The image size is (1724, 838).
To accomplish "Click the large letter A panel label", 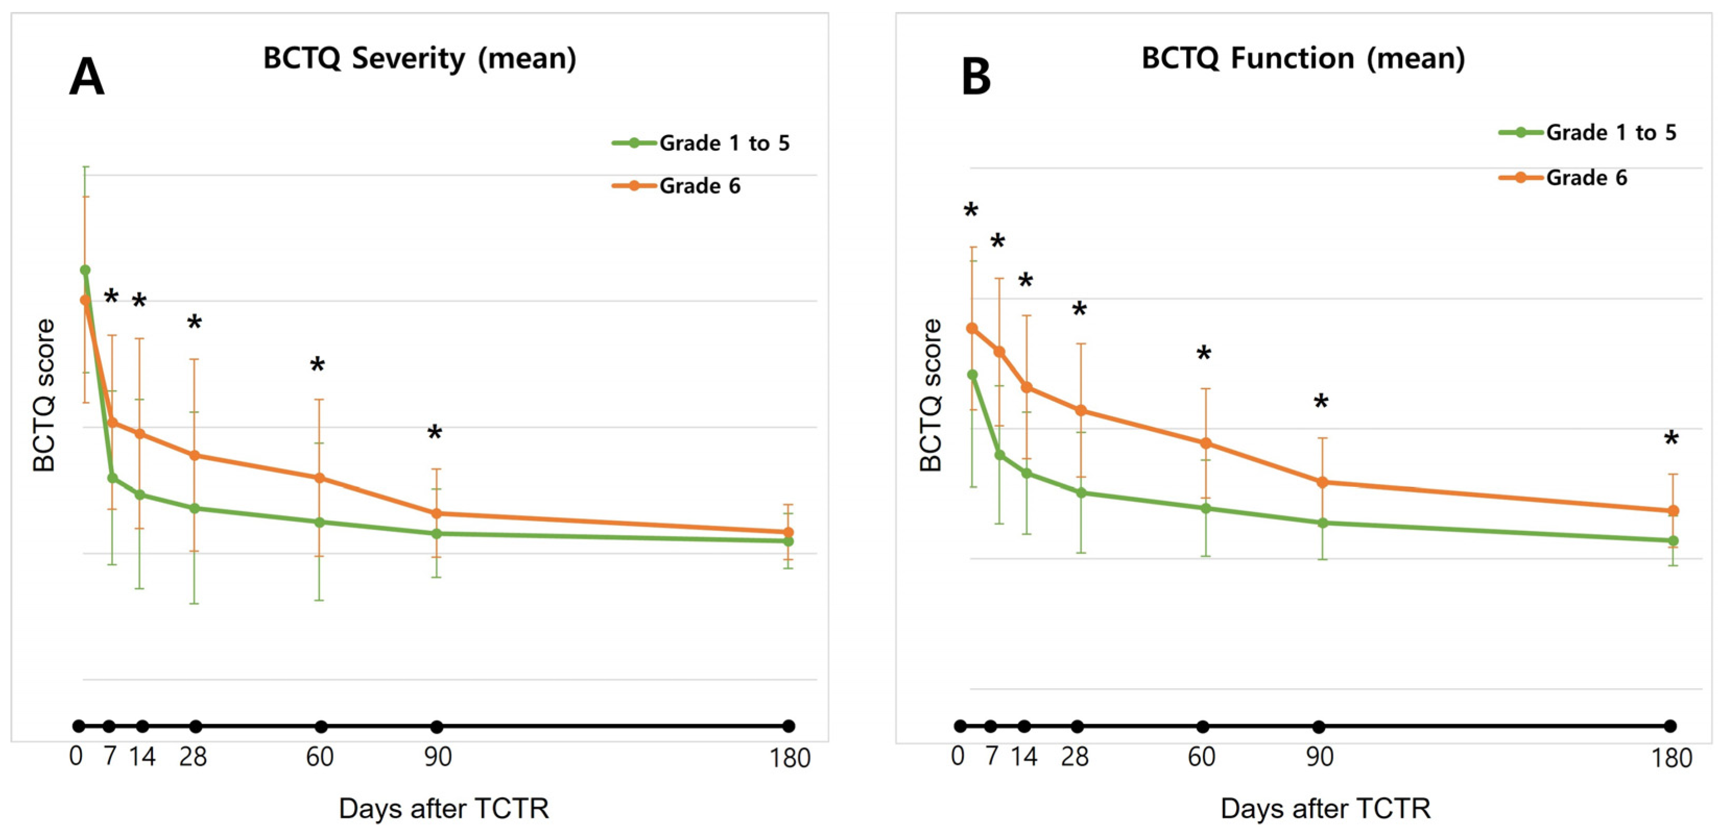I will pyautogui.click(x=87, y=77).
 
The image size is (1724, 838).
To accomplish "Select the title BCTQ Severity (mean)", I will pyautogui.click(x=419, y=58).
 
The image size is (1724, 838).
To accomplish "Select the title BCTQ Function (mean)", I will pyautogui.click(x=1303, y=58).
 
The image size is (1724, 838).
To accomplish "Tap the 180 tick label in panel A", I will pyautogui.click(x=790, y=758).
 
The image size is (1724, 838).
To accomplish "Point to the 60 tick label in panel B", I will pyautogui.click(x=1201, y=757).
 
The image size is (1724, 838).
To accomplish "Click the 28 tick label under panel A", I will pyautogui.click(x=193, y=757).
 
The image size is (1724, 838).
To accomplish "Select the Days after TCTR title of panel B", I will pyautogui.click(x=1325, y=809).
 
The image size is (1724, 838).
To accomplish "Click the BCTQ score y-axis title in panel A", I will pyautogui.click(x=44, y=395).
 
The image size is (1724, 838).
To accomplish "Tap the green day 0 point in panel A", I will pyautogui.click(x=85, y=270).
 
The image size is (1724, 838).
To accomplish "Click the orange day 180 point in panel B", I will pyautogui.click(x=1672, y=511).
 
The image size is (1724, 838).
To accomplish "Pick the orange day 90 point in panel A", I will pyautogui.click(x=437, y=513).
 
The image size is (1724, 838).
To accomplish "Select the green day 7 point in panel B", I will pyautogui.click(x=1000, y=455).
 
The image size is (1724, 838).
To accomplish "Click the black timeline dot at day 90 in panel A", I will pyautogui.click(x=437, y=726).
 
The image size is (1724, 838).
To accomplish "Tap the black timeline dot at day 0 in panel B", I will pyautogui.click(x=960, y=726).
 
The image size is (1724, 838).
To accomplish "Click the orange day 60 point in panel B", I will pyautogui.click(x=1205, y=443).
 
